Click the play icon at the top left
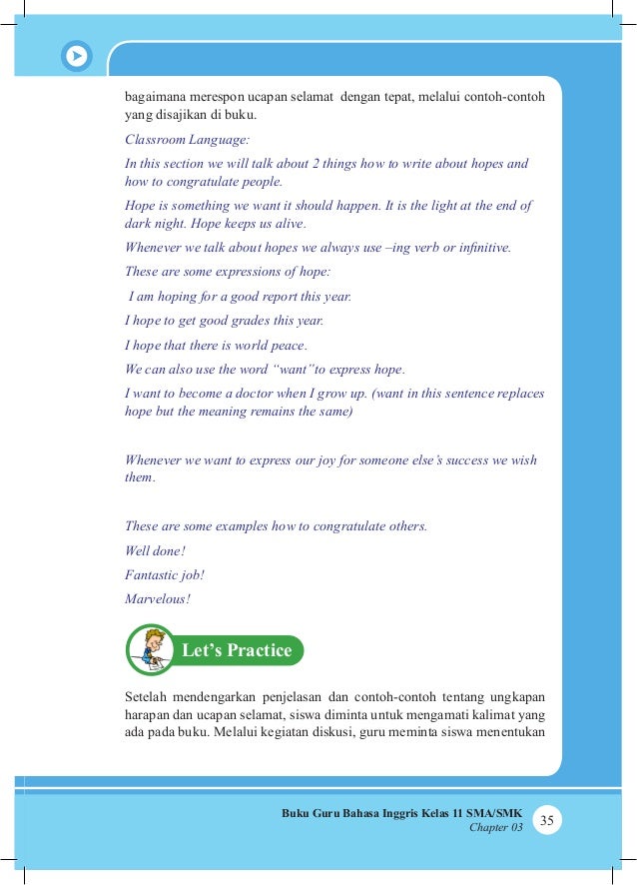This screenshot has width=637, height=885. pyautogui.click(x=76, y=56)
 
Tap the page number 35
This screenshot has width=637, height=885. pyautogui.click(x=546, y=820)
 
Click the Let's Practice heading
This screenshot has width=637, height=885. pyautogui.click(x=237, y=651)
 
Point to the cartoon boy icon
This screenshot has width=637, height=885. pyautogui.click(x=151, y=648)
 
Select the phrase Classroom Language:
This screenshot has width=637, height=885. pyautogui.click(x=186, y=141)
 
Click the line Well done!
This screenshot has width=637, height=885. pyautogui.click(x=155, y=550)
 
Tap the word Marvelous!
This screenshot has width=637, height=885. pyautogui.click(x=158, y=599)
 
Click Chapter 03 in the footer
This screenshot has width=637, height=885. pyautogui.click(x=495, y=828)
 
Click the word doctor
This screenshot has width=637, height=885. pyautogui.click(x=294, y=394)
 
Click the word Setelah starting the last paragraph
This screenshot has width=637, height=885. pyautogui.click(x=147, y=695)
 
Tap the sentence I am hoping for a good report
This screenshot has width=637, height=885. pyautogui.click(x=240, y=297)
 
